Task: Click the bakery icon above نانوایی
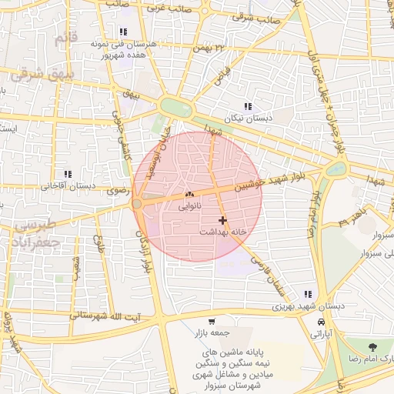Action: point(189,195)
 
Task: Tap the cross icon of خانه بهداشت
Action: point(222,220)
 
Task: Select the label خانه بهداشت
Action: point(222,232)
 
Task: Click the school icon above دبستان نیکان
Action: point(247,106)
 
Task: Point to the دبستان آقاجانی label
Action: point(67,185)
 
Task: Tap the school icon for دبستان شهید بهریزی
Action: point(308,294)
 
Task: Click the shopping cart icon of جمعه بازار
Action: point(211,321)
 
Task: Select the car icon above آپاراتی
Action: point(321,322)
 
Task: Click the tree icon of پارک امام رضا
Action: point(373,348)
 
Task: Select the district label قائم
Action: point(66,38)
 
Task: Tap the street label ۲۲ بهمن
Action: point(212,48)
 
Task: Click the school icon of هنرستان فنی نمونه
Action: point(122,32)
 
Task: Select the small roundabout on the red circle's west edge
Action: point(137,204)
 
